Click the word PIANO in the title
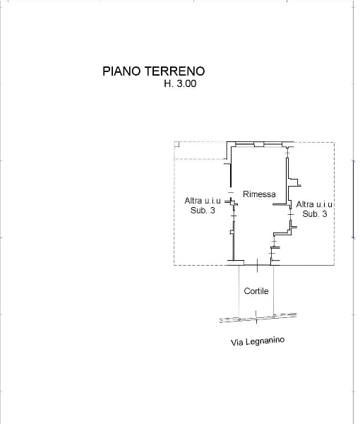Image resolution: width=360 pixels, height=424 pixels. [122, 71]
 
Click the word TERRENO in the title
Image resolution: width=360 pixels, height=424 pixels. [175, 71]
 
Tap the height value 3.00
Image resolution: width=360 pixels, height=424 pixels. [186, 83]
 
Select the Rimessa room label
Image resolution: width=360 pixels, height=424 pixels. [259, 194]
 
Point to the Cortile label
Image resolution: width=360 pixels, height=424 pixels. [256, 291]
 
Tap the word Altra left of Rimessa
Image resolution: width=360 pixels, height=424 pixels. [193, 201]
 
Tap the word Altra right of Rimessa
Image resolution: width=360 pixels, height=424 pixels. [305, 204]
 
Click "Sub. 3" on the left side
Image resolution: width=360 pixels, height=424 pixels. [203, 210]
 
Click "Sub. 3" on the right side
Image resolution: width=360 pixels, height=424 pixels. [315, 214]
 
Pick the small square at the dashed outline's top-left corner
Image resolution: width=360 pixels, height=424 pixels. [176, 144]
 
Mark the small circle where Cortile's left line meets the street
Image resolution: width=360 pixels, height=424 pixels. [239, 319]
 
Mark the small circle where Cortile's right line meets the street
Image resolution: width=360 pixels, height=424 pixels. [274, 316]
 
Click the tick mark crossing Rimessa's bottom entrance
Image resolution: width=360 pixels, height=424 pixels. [257, 265]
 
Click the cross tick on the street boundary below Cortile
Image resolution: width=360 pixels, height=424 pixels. [256, 317]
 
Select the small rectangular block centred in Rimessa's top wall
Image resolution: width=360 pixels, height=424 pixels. [259, 145]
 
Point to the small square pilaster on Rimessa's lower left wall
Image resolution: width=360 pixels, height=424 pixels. [232, 232]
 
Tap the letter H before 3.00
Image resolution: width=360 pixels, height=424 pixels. [167, 83]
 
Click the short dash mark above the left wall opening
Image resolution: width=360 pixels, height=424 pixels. [230, 192]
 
